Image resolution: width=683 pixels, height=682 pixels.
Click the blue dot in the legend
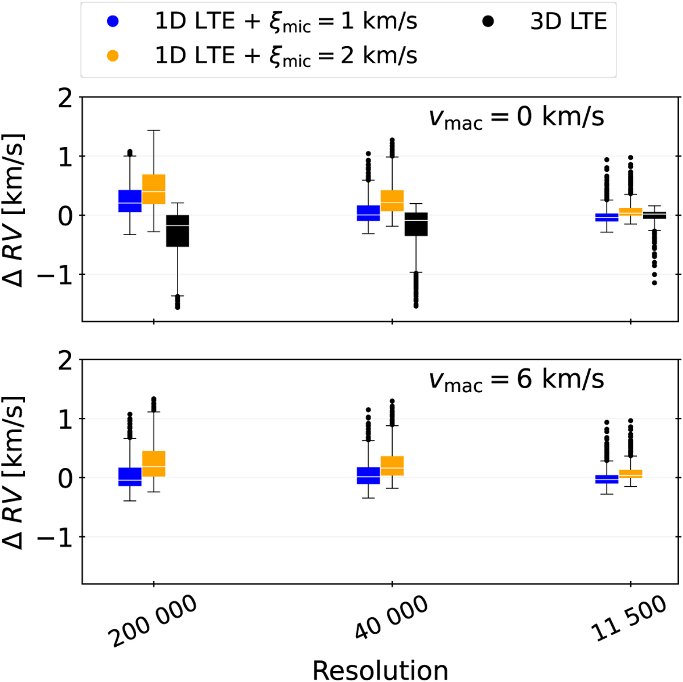pos(113,22)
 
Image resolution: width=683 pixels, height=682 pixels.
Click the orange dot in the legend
pos(113,56)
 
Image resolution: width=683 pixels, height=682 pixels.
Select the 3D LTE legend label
pos(569,22)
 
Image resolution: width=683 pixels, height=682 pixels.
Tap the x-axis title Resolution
pos(380,669)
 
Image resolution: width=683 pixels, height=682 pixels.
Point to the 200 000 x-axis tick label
pos(155,622)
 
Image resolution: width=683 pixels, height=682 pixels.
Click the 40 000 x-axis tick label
pos(392,622)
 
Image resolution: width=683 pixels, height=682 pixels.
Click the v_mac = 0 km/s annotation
pos(516,118)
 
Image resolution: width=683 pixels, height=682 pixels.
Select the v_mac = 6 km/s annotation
pos(516,380)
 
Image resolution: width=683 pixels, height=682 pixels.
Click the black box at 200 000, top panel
pos(177,231)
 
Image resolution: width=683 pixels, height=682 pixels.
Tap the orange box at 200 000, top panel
pos(154,189)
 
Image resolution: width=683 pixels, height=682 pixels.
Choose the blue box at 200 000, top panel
pos(130,201)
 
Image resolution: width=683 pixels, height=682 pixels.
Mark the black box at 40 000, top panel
pos(416,224)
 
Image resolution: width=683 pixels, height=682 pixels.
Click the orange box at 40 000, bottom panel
pos(392,466)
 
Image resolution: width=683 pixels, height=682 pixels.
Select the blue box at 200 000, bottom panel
pos(130,477)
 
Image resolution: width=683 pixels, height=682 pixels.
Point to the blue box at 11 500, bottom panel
pos(607,479)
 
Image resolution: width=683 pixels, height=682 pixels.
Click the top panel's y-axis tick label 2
pos(67,98)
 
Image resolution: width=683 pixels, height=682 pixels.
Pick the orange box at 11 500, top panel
pos(630,212)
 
